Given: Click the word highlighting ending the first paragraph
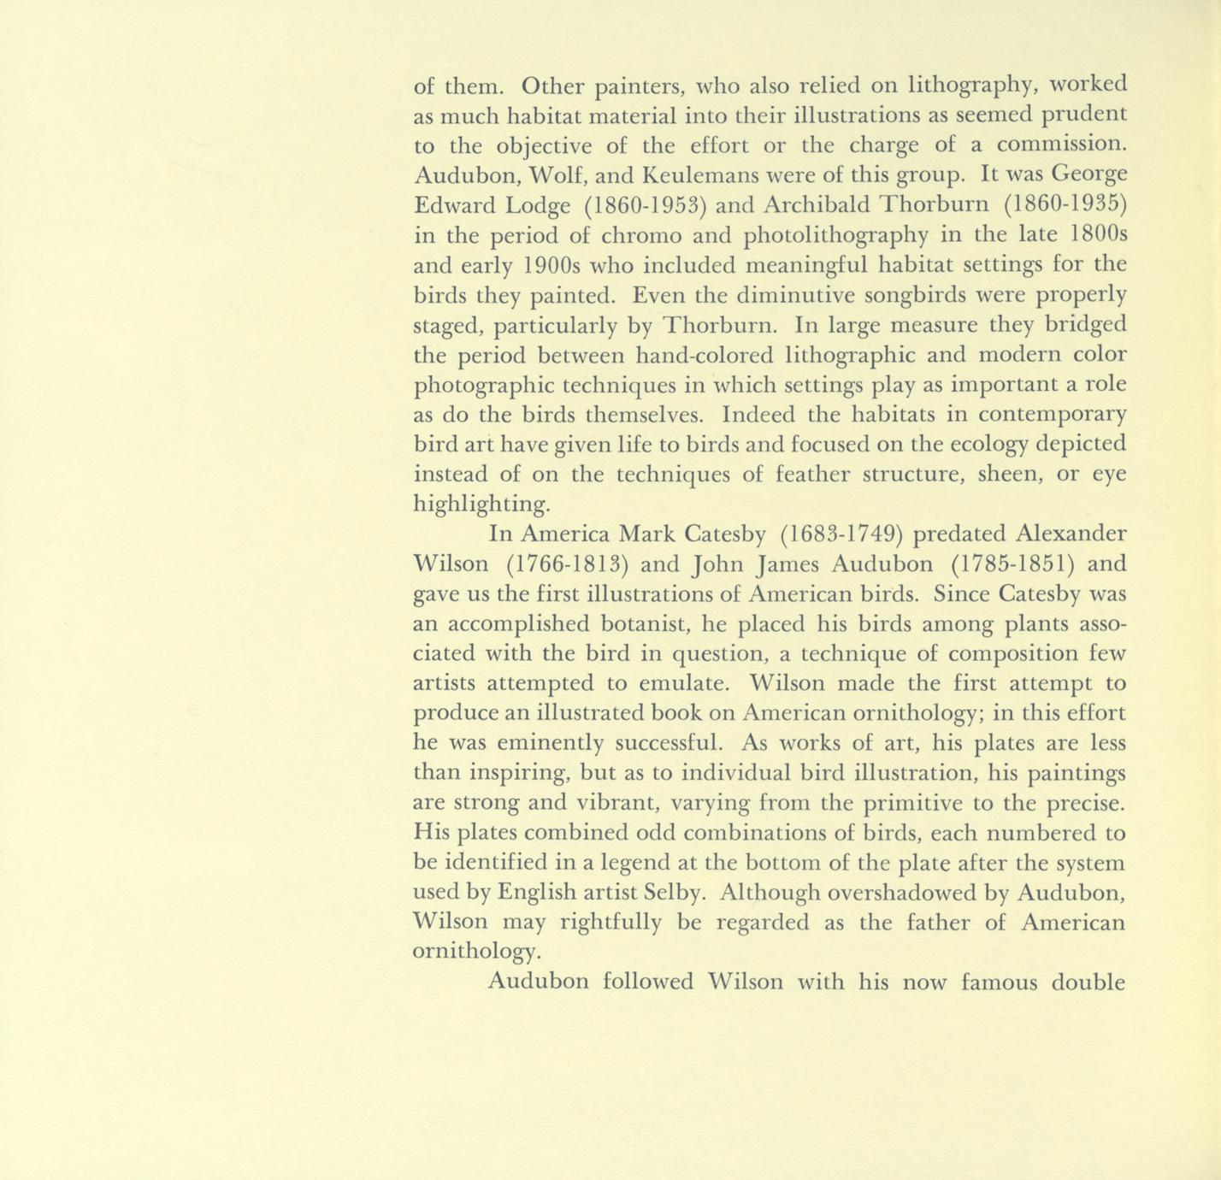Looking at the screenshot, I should point(481,504).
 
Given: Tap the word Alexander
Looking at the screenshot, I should point(1071,534).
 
